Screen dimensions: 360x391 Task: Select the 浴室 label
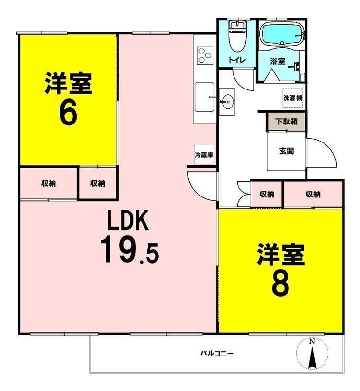pos(277,61)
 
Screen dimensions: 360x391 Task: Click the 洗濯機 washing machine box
pos(292,98)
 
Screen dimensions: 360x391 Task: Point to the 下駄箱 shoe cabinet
pos(287,122)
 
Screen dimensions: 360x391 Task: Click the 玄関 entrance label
pos(287,151)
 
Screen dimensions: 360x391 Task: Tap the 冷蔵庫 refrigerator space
pos(204,155)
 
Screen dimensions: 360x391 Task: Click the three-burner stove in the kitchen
pos(205,55)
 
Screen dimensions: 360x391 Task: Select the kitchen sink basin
pos(204,97)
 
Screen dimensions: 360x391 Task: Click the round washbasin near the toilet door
pos(227,102)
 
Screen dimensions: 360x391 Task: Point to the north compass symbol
pos(312,354)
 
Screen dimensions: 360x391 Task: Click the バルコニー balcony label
pos(217,354)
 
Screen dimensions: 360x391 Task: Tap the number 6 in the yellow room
pos(69,114)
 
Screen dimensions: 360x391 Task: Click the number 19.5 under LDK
pos(129,250)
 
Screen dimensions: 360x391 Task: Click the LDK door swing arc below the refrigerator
pos(199,187)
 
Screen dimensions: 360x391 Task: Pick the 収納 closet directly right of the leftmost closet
pos(98,183)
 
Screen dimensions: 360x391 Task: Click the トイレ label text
pos(237,60)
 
